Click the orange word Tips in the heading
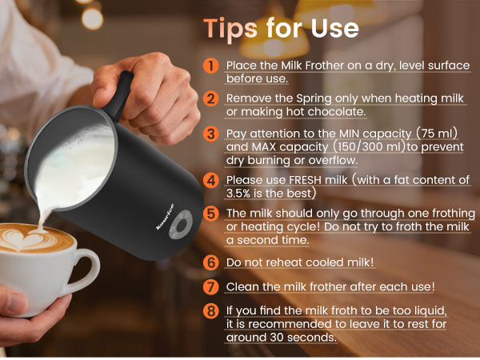[230, 29]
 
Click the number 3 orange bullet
[211, 134]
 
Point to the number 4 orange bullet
[211, 180]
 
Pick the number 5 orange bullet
[211, 214]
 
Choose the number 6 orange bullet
[211, 262]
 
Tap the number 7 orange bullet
[211, 286]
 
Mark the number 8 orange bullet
[211, 311]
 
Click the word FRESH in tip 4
[305, 180]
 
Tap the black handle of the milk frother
[119, 92]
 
